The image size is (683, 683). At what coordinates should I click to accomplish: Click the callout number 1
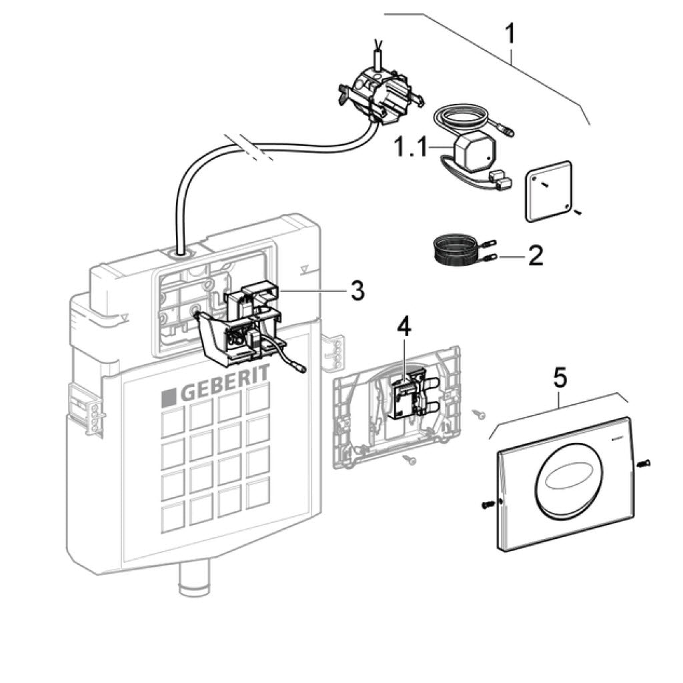coord(512,33)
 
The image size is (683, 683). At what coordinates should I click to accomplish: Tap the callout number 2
coord(536,255)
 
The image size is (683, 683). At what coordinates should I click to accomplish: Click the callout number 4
coord(405,327)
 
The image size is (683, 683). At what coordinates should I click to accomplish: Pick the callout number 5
coord(560,377)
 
